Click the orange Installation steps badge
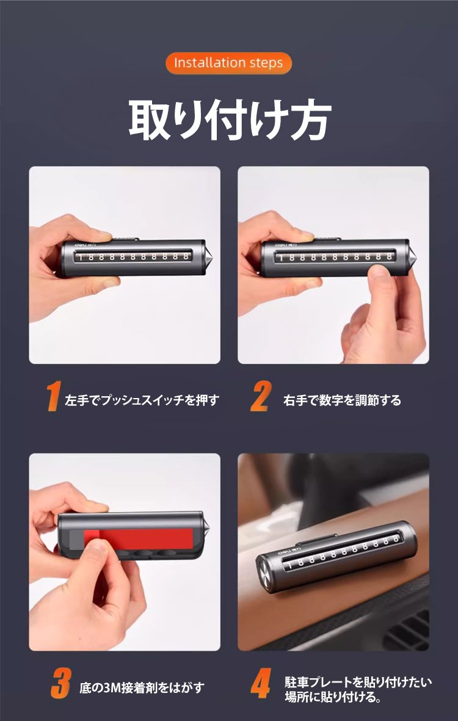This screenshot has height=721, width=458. click(x=228, y=62)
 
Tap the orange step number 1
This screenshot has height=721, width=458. click(x=54, y=396)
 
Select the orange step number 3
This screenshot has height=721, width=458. click(x=61, y=684)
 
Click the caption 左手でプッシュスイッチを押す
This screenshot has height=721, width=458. click(x=142, y=400)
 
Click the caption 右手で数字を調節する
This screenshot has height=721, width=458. click(x=342, y=400)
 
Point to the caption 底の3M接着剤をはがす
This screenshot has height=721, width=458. click(x=142, y=688)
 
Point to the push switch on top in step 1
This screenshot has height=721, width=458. click(x=125, y=239)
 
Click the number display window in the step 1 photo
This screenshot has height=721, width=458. click(x=132, y=256)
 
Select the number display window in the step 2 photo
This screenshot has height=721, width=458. click(x=335, y=256)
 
